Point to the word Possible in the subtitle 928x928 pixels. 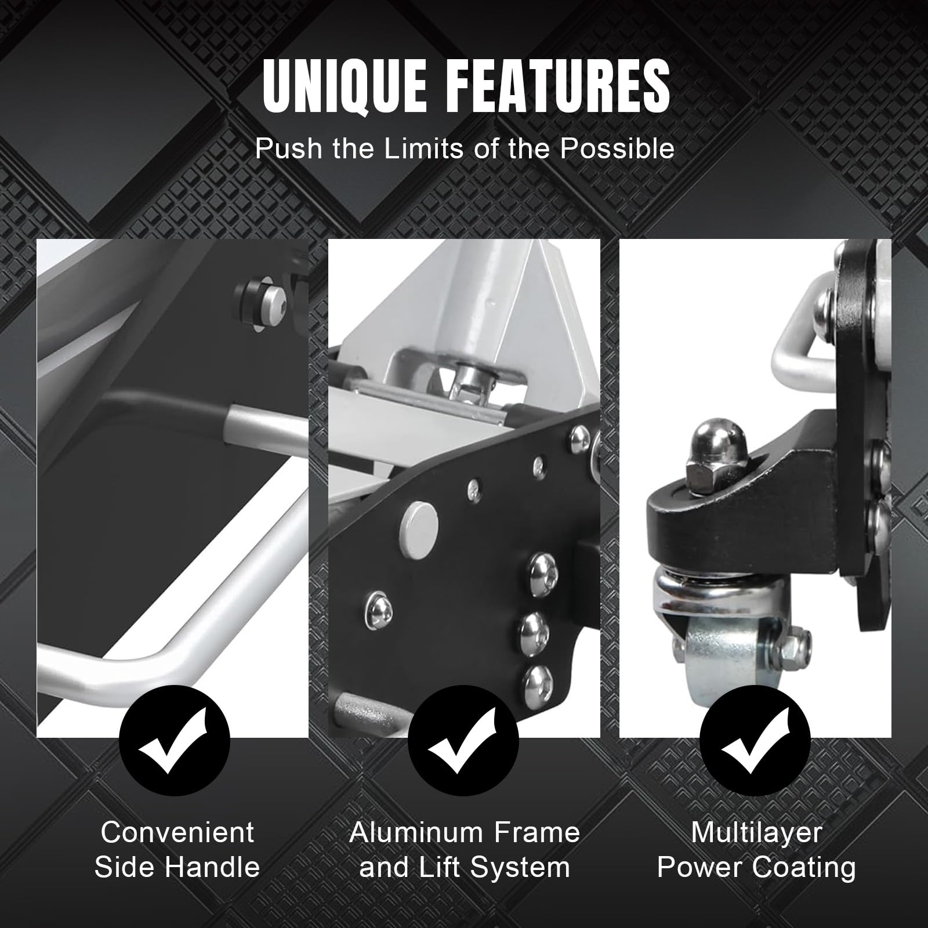pos(617,149)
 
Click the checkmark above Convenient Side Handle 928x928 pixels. pos(174,741)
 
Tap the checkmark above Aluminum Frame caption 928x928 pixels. pos(463,741)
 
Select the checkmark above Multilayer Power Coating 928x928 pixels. pos(755,741)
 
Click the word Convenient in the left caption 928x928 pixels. pos(177,833)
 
